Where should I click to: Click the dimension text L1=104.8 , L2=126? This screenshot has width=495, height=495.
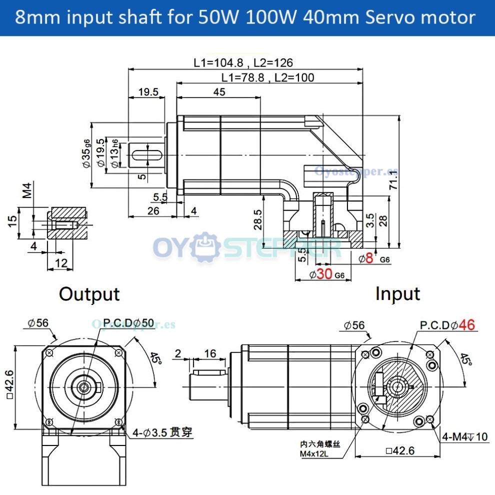click(243, 63)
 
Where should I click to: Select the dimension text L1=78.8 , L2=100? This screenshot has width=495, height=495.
click(267, 77)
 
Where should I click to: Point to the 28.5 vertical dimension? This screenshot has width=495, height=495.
click(257, 219)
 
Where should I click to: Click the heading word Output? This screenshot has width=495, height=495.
click(89, 294)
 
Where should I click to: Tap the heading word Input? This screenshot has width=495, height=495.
click(397, 294)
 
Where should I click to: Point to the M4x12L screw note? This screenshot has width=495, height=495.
click(319, 449)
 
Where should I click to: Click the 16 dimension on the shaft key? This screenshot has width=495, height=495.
click(210, 354)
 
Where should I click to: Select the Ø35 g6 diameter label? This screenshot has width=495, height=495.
click(86, 153)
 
